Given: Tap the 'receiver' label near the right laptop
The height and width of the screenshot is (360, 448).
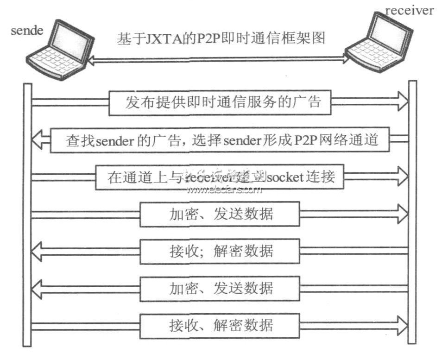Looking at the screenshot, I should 410,10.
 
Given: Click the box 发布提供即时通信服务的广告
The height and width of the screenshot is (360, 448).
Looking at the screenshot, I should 220,102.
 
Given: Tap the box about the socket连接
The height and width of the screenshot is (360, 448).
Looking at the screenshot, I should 220,177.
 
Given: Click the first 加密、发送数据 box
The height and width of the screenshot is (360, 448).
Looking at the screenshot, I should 220,214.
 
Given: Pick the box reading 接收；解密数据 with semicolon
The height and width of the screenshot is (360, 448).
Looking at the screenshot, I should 220,251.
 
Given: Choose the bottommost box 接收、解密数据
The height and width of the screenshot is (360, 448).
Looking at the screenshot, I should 220,325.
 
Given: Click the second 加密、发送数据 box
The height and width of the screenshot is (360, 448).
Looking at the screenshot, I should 220,288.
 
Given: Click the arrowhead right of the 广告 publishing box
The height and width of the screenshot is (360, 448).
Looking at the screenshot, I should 401,102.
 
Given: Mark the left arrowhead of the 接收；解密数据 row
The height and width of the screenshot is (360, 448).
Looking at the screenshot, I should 39,251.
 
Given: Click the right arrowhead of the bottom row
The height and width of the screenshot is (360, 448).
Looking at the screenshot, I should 401,324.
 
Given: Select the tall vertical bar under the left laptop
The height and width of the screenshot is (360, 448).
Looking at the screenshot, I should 27,213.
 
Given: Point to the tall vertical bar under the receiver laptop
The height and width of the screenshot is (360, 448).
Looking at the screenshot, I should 412,213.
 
